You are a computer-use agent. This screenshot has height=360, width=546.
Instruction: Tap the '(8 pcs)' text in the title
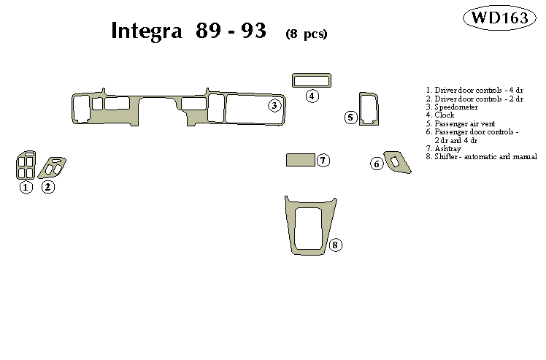pyautogui.click(x=306, y=34)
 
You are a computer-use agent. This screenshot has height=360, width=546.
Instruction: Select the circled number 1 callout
pyautogui.click(x=26, y=187)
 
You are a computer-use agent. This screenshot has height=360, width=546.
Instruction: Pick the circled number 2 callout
pyautogui.click(x=47, y=187)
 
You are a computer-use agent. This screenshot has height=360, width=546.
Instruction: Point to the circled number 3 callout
pyautogui.click(x=274, y=106)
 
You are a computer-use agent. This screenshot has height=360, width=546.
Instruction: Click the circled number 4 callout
pyautogui.click(x=312, y=96)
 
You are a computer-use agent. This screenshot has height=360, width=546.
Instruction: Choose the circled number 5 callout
pyautogui.click(x=350, y=117)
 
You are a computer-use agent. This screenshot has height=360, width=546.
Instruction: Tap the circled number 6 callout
pyautogui.click(x=377, y=164)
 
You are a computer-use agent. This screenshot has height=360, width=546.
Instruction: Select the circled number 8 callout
pyautogui.click(x=334, y=245)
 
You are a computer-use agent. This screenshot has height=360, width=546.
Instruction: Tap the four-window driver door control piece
pyautogui.click(x=26, y=165)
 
